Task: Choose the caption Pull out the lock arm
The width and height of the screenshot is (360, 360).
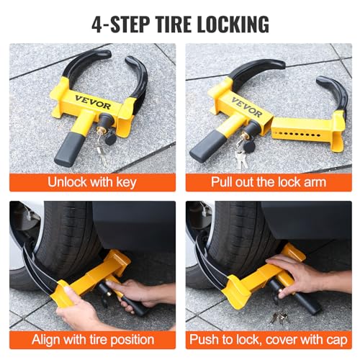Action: (x=268, y=181)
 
